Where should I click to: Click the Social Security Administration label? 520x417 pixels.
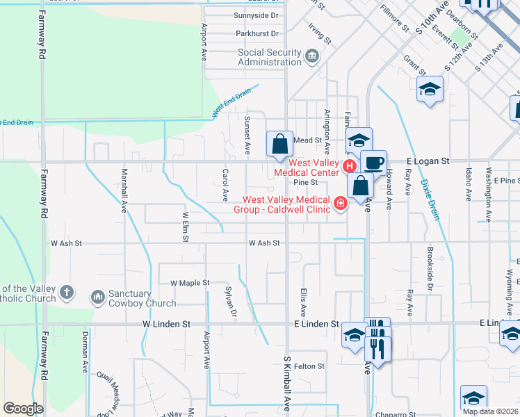[270, 57]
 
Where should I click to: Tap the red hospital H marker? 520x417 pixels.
[349, 166]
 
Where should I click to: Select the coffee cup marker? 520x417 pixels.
[373, 163]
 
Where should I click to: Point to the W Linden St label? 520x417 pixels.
[166, 324]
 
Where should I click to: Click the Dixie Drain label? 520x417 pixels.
[430, 200]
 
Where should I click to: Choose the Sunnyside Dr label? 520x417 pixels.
[257, 15]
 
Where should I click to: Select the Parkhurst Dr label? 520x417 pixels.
[257, 33]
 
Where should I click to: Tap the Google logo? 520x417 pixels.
[23, 409]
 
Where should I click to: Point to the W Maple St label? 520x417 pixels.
[190, 283]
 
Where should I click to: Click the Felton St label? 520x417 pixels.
[309, 366]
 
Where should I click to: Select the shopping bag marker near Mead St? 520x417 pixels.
[279, 145]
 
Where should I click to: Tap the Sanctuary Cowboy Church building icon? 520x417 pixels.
[98, 297]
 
